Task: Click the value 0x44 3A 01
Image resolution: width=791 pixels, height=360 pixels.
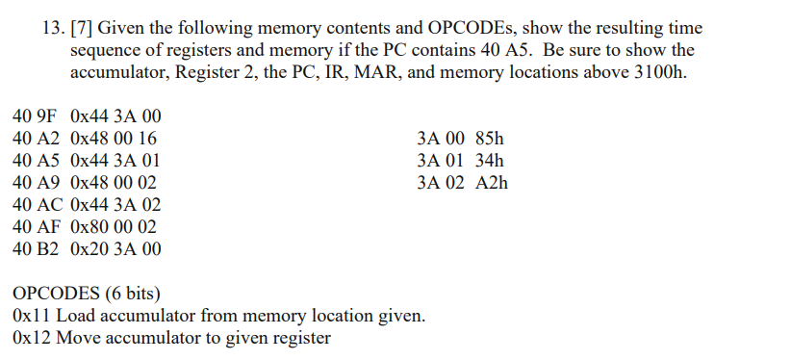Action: point(115,161)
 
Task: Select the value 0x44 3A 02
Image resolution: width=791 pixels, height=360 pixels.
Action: point(115,205)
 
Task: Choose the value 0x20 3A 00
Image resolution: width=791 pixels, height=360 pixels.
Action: point(115,249)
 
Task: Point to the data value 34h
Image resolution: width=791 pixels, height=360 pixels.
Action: point(489,161)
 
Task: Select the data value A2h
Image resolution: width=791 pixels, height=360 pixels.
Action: point(491,183)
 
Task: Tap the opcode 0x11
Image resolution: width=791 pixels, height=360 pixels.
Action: point(32,316)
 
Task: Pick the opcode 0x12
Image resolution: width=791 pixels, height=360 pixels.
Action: point(32,338)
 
